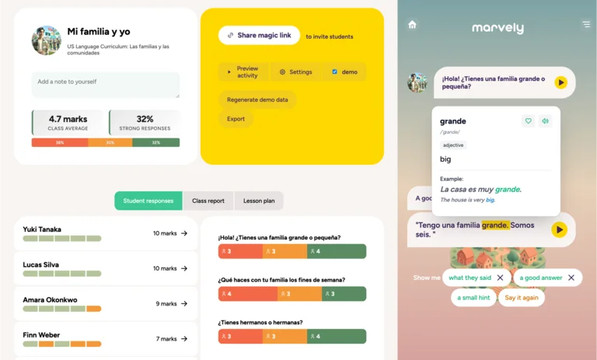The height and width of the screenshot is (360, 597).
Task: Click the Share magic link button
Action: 259,35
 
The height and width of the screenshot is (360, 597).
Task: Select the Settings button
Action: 295,72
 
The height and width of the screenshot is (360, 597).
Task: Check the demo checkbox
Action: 335,72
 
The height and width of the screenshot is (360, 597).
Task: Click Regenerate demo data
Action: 257,100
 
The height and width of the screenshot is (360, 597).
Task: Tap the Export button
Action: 236,119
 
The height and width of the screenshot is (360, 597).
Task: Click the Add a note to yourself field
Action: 106,85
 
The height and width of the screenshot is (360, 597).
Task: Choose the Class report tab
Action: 208,201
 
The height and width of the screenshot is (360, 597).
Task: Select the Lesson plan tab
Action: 259,201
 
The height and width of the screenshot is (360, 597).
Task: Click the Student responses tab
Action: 148,201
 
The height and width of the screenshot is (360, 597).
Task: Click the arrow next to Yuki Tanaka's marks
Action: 184,233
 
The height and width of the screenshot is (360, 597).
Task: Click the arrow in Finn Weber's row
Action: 184,339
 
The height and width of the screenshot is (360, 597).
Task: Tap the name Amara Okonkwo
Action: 50,299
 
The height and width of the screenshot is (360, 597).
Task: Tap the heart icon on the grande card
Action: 528,121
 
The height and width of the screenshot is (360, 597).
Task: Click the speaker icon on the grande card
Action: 545,121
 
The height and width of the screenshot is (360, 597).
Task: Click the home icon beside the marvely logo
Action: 412,25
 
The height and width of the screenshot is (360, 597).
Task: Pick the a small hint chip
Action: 473,298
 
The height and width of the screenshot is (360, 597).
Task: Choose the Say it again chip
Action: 521,298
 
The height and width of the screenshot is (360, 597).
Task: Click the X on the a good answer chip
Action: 571,278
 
